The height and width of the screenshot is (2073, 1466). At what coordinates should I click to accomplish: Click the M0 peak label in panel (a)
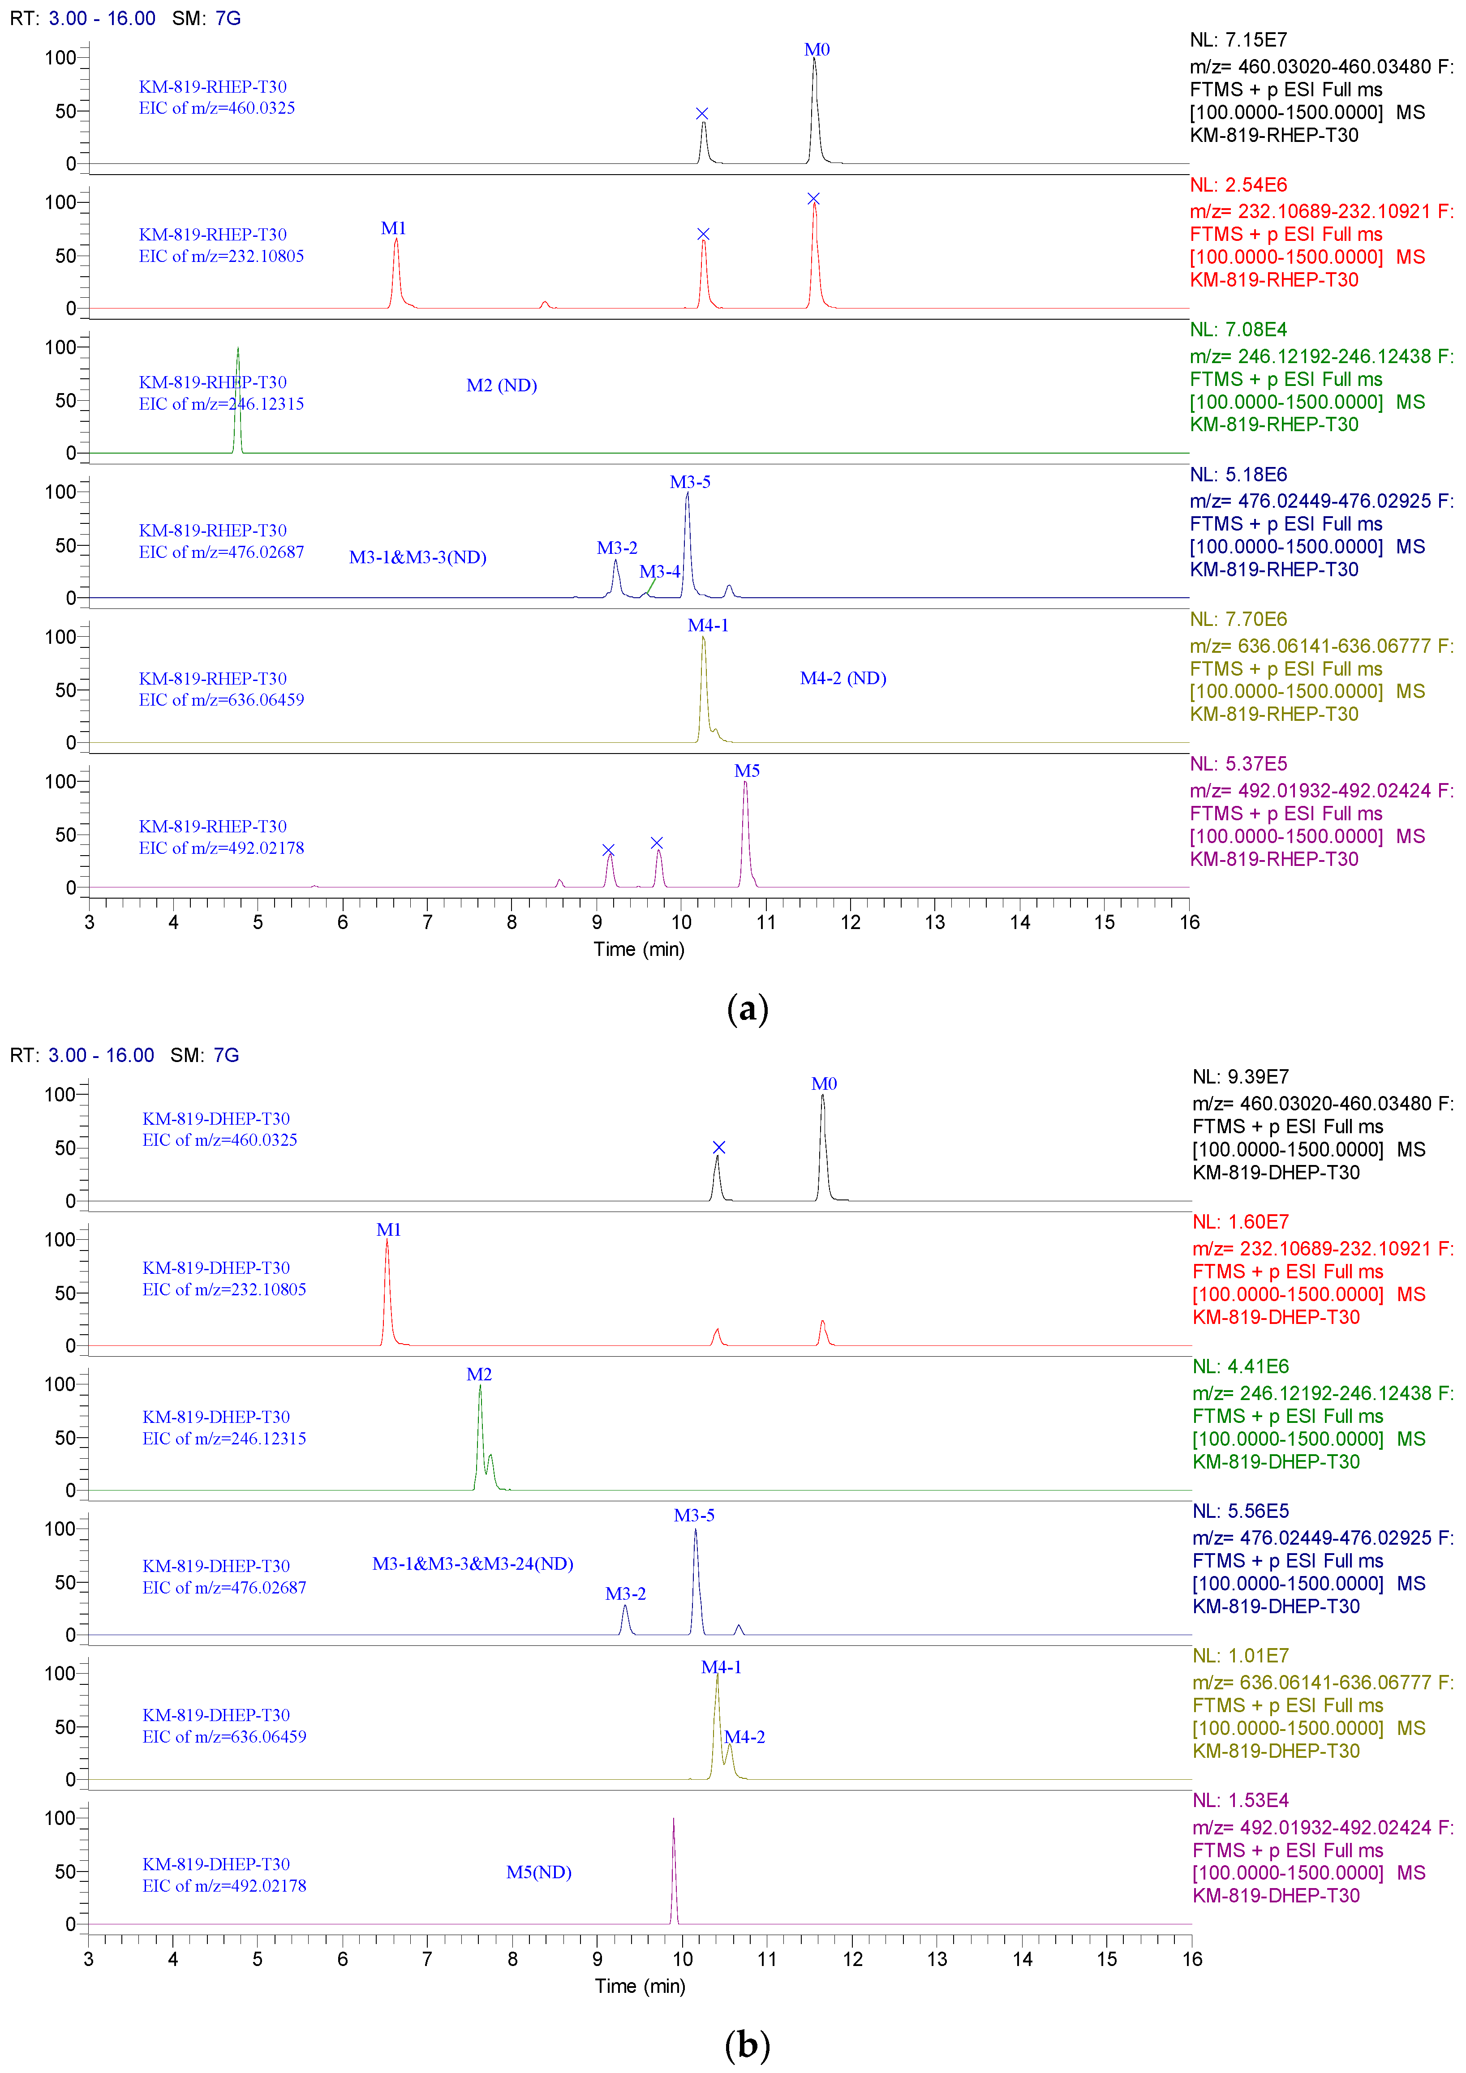pos(817,50)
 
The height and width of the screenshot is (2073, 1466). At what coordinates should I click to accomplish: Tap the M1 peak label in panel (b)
pos(388,1230)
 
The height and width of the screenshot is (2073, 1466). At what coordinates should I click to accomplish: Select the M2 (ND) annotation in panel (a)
pos(501,385)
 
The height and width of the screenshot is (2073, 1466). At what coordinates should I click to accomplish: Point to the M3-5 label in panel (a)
pos(690,482)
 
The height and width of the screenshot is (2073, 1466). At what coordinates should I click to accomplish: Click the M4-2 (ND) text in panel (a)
pos(843,678)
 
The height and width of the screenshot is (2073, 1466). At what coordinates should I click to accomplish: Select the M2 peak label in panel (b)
pos(479,1374)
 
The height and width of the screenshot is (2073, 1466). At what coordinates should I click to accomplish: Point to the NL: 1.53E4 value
pos(1240,1800)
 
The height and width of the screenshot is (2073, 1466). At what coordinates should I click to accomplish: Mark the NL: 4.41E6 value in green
pos(1240,1366)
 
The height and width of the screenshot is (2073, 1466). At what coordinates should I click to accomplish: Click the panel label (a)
pos(747,1008)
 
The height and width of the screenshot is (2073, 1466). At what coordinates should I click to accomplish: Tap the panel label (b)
pos(747,2045)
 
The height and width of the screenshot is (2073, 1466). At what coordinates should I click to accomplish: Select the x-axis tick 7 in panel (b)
pos(427,1959)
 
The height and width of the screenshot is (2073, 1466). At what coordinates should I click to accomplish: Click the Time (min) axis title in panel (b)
pos(640,1986)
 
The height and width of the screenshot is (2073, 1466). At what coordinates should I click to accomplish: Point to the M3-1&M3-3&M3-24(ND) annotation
pos(473,1564)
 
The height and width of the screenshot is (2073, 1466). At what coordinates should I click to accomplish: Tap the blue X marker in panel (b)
pos(719,1148)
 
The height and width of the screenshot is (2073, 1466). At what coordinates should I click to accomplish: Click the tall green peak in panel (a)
pos(237,397)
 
